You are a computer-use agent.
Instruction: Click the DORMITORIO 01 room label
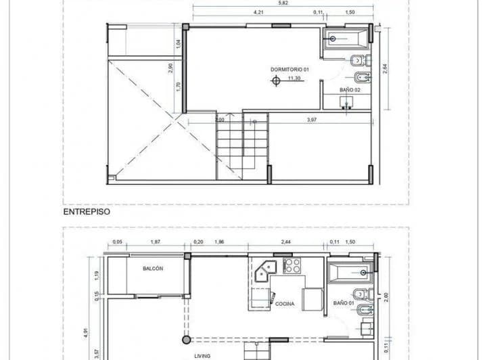289,70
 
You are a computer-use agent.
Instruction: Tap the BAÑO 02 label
350,89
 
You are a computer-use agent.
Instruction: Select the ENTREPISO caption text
87,211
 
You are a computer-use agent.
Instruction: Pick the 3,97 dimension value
312,120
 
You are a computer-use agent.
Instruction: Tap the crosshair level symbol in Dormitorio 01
275,81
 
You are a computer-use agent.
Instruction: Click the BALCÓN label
153,269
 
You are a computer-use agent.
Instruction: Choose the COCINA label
285,304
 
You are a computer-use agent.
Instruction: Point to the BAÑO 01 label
344,303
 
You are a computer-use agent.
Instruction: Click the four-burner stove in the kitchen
292,265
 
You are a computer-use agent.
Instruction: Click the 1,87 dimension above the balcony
155,242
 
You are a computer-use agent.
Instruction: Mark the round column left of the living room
186,339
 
